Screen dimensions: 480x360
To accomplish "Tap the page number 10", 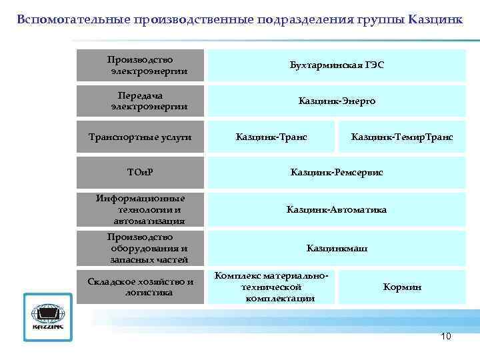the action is click(446, 336).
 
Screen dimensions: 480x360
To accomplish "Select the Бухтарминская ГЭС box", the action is click(337, 65).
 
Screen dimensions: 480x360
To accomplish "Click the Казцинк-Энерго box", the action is click(337, 101).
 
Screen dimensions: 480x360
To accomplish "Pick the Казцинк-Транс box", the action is click(271, 137).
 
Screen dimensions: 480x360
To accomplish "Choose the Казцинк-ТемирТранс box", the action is click(402, 137).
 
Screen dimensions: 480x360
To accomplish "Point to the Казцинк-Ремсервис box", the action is click(337, 173).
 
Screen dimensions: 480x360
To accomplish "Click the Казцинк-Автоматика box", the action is click(337, 210).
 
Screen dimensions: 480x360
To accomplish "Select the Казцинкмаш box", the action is click(337, 249).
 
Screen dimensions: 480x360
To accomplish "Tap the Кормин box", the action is click(402, 287).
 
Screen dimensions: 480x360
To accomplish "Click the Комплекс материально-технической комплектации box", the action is click(271, 287).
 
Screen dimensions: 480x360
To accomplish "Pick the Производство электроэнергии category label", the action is click(140, 65).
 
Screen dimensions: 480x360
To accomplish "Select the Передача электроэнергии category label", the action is click(140, 101).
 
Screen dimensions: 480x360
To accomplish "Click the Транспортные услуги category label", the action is click(140, 137).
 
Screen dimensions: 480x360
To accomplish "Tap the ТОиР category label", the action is click(140, 173).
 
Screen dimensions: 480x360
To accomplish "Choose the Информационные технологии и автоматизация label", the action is click(140, 209).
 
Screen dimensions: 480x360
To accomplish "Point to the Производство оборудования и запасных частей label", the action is click(140, 248).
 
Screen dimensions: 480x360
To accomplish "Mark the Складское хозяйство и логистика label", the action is click(140, 287).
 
